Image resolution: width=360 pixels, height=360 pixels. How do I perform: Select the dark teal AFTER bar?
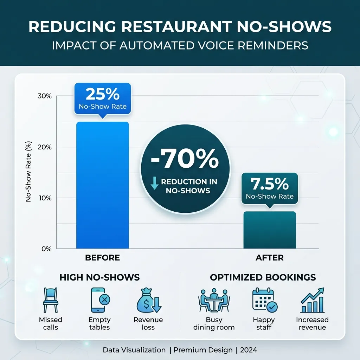point(270,230)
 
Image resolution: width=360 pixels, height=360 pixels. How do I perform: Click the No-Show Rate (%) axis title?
point(29,171)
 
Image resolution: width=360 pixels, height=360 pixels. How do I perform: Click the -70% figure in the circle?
point(185,160)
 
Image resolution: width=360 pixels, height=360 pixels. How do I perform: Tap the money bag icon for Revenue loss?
point(148,301)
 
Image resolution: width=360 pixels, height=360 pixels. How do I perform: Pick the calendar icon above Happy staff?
point(264,301)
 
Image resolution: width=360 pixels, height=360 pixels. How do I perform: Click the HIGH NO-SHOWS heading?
point(99,277)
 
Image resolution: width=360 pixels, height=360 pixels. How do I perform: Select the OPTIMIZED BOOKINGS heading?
point(263,277)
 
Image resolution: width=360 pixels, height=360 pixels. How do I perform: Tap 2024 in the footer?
point(247,350)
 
